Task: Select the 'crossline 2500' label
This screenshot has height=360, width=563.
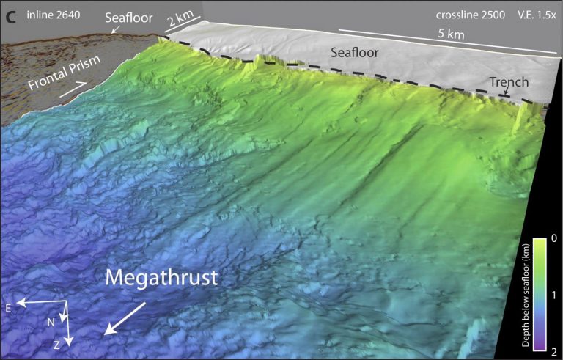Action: coord(457,15)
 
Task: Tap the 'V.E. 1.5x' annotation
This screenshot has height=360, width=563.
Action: coord(526,15)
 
